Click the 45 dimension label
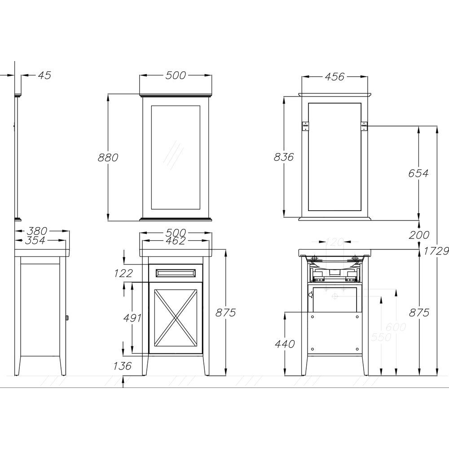[x=44, y=75]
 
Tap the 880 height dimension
[x=108, y=158]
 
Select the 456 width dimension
[x=335, y=77]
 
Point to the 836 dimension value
[x=284, y=157]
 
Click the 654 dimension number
[x=418, y=173]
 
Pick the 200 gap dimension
[x=419, y=235]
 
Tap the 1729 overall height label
[x=436, y=251]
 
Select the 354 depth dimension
[x=35, y=241]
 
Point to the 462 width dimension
[x=176, y=241]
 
